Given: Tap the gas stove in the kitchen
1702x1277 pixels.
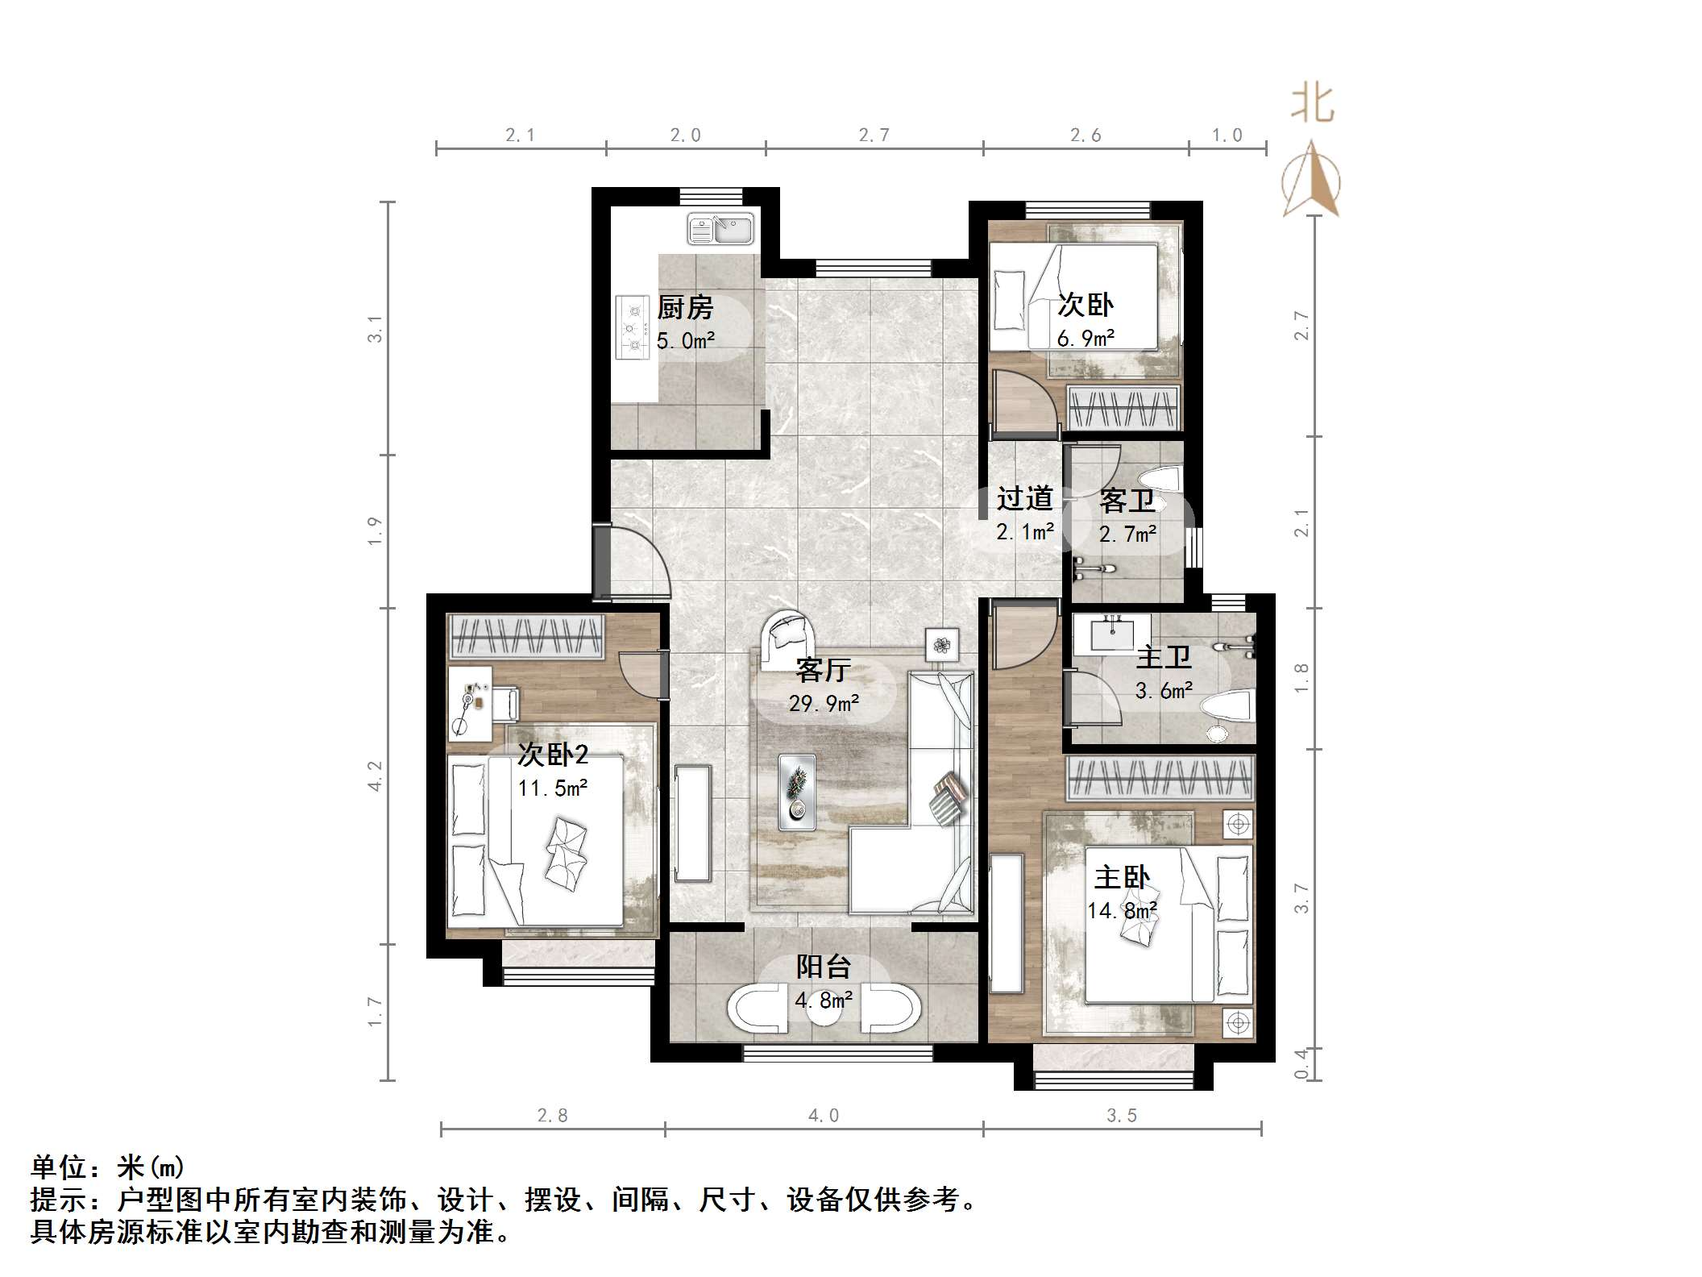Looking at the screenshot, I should click(633, 327).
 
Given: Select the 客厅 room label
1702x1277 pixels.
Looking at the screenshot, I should click(823, 669).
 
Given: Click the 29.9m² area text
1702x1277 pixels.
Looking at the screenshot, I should click(823, 704).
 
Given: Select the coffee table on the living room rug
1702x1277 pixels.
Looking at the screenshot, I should click(796, 792).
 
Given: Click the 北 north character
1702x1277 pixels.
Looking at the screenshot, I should click(1312, 106).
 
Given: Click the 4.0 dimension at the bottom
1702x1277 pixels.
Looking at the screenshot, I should click(823, 1116).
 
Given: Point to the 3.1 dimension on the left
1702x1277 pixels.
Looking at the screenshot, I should click(375, 329).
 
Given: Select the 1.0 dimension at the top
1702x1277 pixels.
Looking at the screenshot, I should click(1227, 135).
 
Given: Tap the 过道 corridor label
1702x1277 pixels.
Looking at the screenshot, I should click(1024, 499).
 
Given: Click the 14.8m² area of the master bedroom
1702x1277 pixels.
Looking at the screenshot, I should click(1122, 911).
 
